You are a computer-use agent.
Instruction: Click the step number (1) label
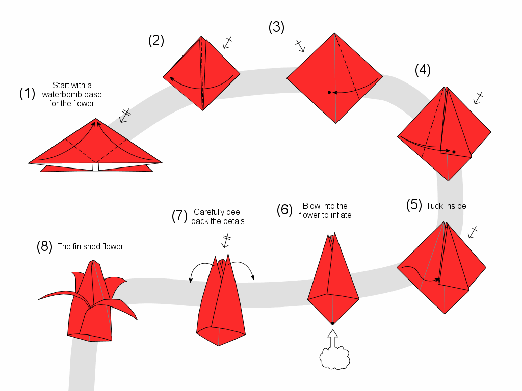27,93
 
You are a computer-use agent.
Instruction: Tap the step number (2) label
156,40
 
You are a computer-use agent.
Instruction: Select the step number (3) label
276,27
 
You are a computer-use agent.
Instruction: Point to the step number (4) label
423,70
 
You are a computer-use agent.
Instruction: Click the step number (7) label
180,216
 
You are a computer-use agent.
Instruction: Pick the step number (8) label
45,246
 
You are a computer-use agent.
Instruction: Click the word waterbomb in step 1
72,94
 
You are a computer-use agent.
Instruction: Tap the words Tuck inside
446,206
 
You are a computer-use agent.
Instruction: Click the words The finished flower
90,246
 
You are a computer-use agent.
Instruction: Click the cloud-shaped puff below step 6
334,358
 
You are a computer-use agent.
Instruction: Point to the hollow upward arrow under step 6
333,338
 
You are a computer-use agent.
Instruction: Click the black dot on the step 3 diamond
329,92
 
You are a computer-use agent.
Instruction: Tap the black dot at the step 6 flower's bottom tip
332,323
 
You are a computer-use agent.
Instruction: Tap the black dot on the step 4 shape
454,152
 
